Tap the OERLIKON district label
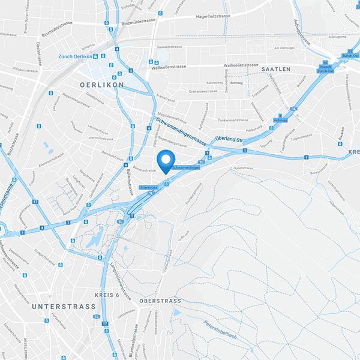click(x=101, y=85)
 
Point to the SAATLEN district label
click(x=276, y=70)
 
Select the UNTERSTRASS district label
click(x=61, y=307)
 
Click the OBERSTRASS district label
click(x=160, y=301)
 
